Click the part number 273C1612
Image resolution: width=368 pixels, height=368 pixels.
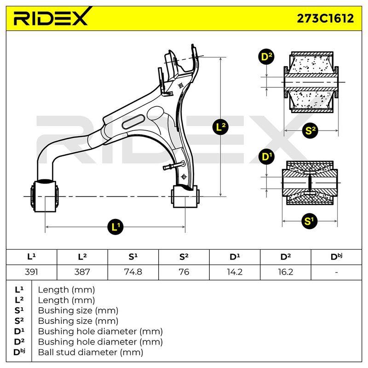click(x=325, y=18)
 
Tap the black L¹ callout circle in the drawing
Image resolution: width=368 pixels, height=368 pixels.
click(x=115, y=227)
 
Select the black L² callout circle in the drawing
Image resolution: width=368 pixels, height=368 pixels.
click(x=220, y=127)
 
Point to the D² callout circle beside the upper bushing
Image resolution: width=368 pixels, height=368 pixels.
click(x=266, y=57)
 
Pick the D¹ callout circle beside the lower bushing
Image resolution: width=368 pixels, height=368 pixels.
click(x=267, y=156)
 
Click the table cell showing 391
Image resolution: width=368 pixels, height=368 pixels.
click(x=31, y=272)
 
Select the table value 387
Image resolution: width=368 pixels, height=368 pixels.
click(x=82, y=272)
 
